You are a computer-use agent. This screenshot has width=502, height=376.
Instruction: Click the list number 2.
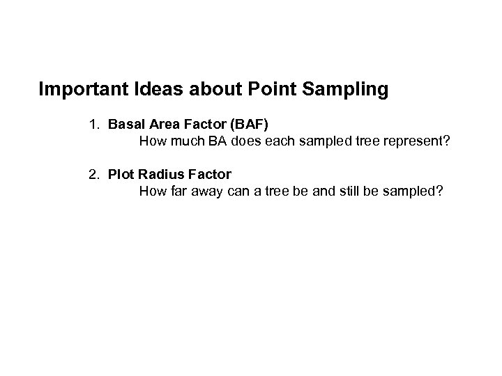[x=93, y=174]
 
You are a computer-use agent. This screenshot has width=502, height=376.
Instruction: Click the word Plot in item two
[x=121, y=174]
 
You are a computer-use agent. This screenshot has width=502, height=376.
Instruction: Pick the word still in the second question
[x=358, y=191]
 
